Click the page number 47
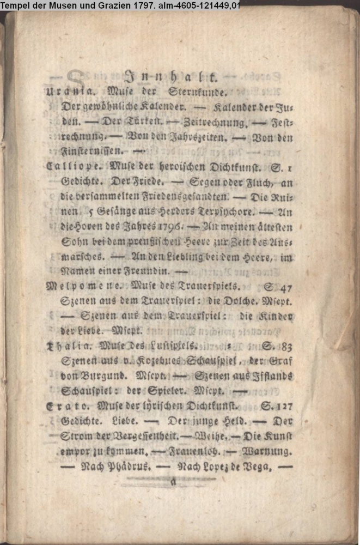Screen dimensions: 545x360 click(x=284, y=286)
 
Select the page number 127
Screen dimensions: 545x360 click(x=282, y=405)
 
